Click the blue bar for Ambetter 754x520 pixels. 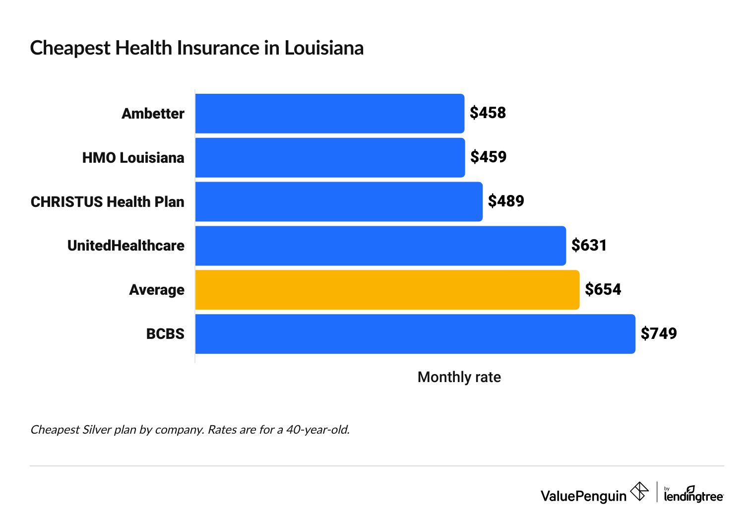(329, 114)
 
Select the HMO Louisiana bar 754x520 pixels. (330, 158)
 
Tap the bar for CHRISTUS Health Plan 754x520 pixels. (339, 201)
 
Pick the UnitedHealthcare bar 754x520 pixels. (380, 246)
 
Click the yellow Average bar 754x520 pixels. (387, 290)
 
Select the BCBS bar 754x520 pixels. (415, 334)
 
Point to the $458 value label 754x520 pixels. (488, 113)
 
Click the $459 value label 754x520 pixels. (488, 157)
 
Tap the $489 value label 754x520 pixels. (506, 201)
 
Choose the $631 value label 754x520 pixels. (589, 245)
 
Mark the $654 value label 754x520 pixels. (603, 289)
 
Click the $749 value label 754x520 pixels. (658, 333)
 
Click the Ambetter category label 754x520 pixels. (153, 114)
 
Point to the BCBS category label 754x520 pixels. (165, 334)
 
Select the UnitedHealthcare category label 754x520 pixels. (126, 246)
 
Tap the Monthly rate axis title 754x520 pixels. (459, 377)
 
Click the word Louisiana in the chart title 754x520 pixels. (324, 48)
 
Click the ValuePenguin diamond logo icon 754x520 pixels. (639, 492)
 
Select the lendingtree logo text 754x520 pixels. (693, 496)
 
